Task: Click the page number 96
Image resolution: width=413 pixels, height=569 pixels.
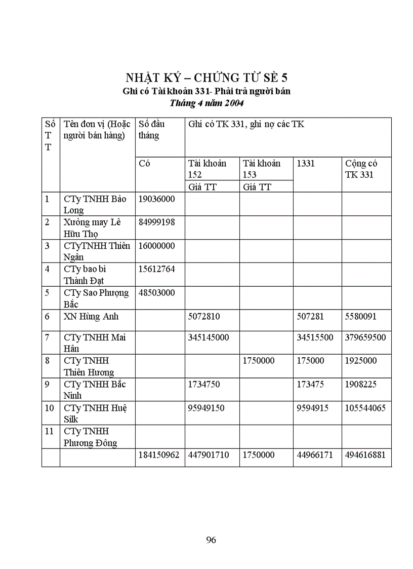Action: tap(211, 540)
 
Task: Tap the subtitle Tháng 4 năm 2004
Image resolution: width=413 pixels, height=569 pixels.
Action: tap(206, 103)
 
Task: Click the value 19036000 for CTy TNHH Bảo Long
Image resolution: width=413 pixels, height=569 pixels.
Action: tap(156, 199)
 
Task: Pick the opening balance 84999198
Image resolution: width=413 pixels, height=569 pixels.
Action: tap(156, 222)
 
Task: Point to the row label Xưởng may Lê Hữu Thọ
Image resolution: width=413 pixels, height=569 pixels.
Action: tap(89, 227)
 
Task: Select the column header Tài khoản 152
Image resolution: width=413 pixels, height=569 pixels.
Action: tap(207, 169)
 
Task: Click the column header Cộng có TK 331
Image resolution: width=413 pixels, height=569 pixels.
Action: tap(361, 169)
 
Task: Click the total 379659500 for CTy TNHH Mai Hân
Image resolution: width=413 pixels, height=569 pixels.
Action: tap(365, 337)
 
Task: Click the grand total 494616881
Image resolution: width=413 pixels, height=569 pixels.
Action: tap(365, 455)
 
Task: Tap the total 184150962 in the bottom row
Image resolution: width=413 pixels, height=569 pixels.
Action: tap(159, 455)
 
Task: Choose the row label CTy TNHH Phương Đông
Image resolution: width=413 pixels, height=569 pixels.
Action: tap(90, 437)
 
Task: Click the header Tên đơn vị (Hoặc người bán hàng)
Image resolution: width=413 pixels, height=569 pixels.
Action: tap(97, 129)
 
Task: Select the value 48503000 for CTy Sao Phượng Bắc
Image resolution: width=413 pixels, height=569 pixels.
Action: tap(156, 293)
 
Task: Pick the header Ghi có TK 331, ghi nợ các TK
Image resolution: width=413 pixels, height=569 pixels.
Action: tap(246, 124)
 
